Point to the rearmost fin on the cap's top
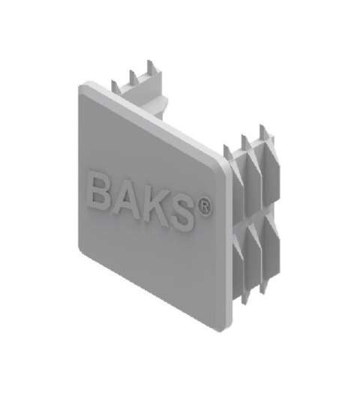(x=150, y=68)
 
